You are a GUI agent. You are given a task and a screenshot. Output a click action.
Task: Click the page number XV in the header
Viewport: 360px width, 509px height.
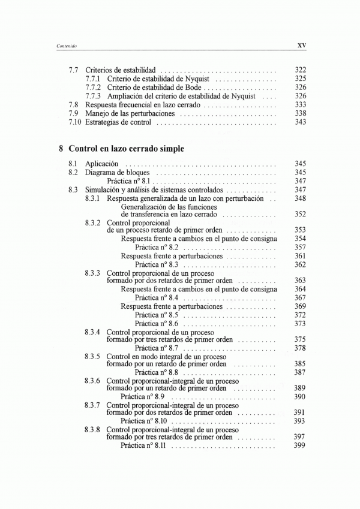click(x=302, y=44)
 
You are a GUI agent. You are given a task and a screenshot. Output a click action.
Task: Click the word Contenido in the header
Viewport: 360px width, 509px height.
click(x=65, y=45)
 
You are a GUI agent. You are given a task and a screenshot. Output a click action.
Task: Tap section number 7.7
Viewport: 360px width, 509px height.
click(x=74, y=70)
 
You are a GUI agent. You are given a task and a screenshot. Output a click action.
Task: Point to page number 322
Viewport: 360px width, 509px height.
click(x=301, y=70)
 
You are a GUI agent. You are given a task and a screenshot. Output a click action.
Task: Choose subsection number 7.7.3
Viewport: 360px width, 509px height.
click(x=94, y=96)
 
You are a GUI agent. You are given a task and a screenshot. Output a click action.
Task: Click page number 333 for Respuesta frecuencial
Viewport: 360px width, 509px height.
click(x=301, y=104)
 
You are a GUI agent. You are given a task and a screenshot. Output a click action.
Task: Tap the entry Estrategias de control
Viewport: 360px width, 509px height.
click(x=118, y=122)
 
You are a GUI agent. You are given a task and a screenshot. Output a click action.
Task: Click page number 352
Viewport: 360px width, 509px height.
click(x=301, y=214)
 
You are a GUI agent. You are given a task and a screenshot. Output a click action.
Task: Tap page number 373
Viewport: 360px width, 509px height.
click(x=301, y=323)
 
